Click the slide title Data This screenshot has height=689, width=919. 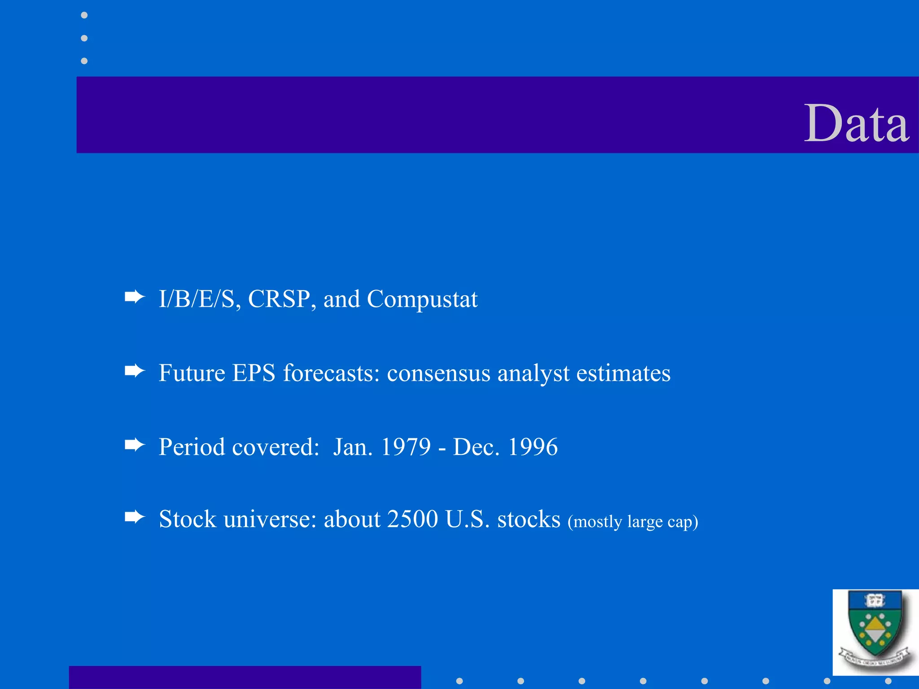click(x=856, y=123)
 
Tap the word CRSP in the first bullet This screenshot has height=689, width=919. click(x=278, y=299)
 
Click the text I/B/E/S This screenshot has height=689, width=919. click(x=197, y=299)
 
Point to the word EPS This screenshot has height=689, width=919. click(x=254, y=373)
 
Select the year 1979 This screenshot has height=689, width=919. click(x=406, y=447)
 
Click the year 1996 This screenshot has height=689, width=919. click(x=533, y=447)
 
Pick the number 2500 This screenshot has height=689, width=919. click(x=412, y=519)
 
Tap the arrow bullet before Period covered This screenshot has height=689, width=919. click(x=135, y=445)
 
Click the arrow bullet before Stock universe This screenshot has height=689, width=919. click(x=135, y=517)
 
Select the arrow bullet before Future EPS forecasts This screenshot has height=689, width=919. click(x=135, y=371)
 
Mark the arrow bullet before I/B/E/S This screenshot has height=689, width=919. click(x=135, y=297)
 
